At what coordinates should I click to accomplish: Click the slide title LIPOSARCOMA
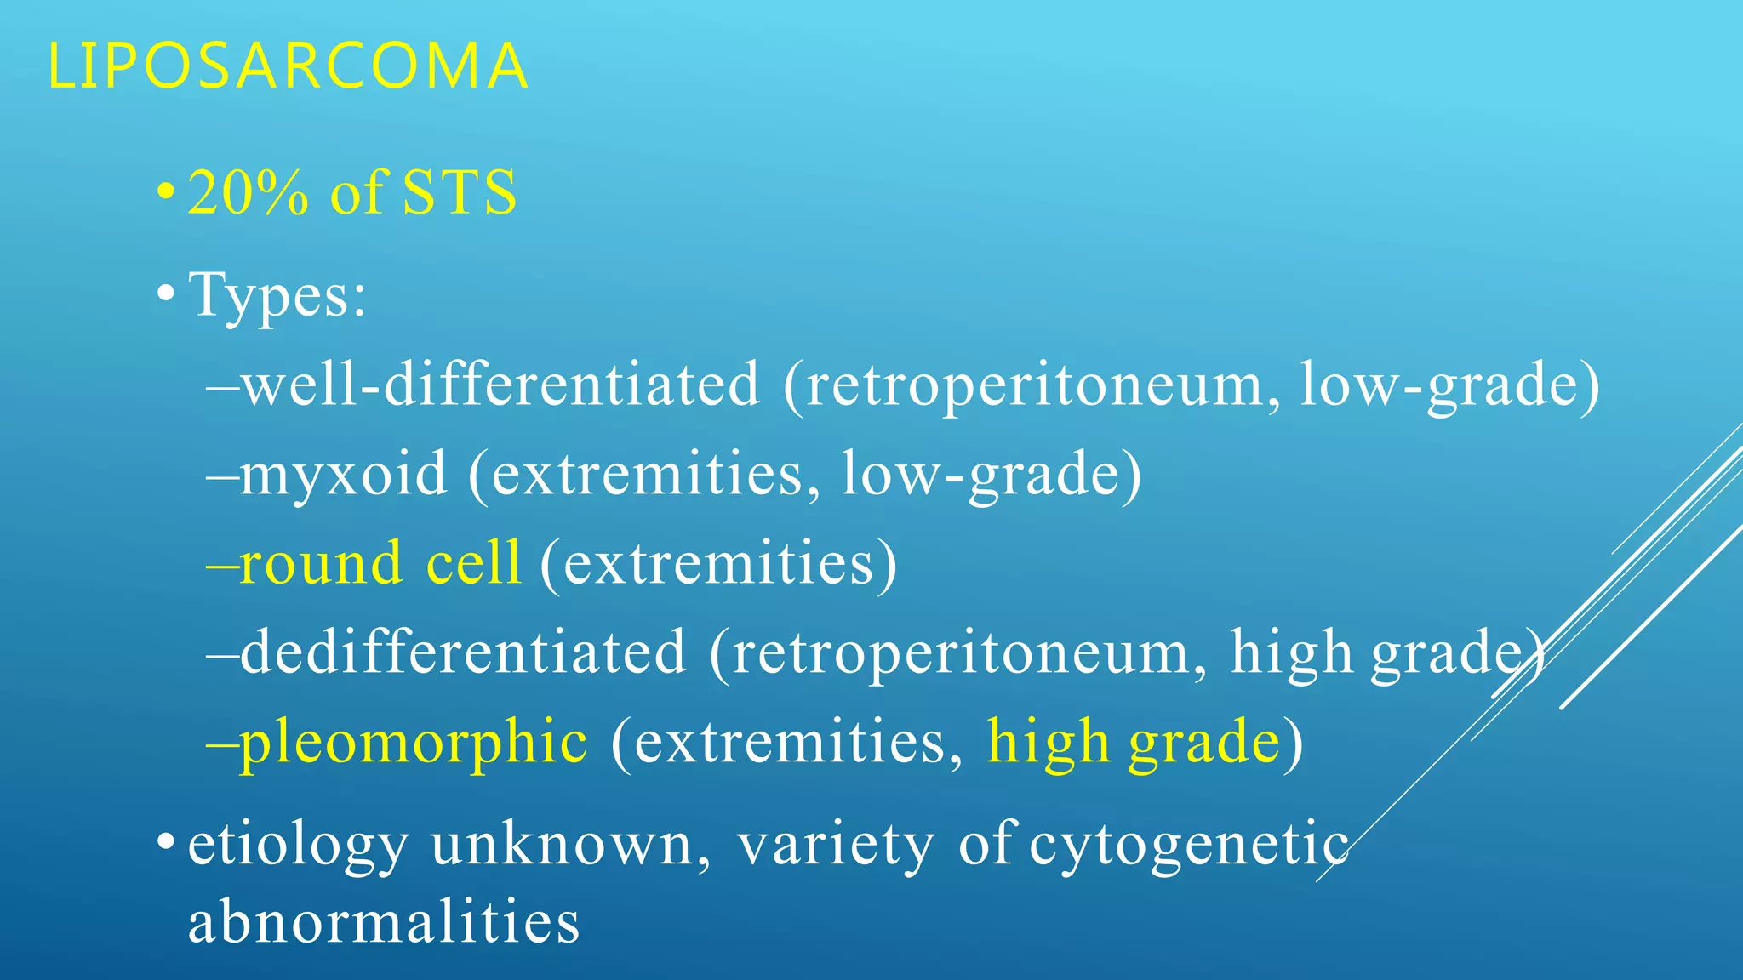click(288, 66)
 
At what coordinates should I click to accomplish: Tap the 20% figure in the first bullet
click(248, 192)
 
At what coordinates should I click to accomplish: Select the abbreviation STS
click(459, 192)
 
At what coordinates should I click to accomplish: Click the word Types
click(277, 296)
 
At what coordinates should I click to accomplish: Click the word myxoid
click(342, 474)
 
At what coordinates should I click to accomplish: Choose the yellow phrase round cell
click(380, 563)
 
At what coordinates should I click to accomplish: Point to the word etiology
click(298, 846)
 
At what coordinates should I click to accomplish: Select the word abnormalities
click(384, 922)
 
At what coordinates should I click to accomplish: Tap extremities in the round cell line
click(718, 563)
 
